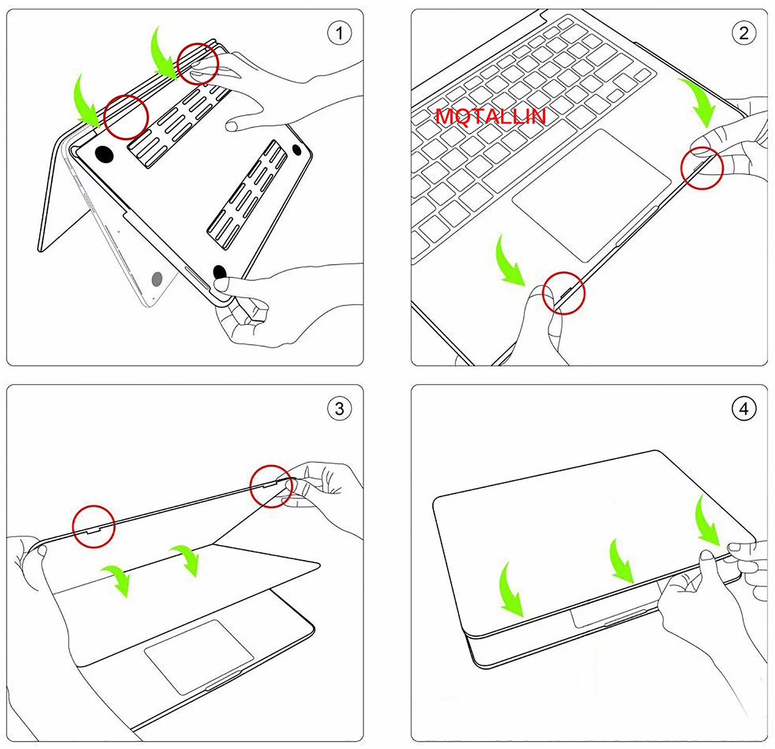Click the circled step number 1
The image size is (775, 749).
(339, 34)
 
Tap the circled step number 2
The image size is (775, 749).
(743, 34)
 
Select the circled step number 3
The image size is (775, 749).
(339, 409)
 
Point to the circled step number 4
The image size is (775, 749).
(743, 409)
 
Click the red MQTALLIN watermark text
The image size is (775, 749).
(490, 117)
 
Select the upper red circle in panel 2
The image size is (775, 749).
(702, 168)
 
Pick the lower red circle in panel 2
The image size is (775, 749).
(564, 293)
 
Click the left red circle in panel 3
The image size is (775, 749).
(94, 526)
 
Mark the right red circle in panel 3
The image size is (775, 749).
(271, 486)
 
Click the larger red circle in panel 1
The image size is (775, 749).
(126, 117)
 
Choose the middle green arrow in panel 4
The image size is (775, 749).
(621, 560)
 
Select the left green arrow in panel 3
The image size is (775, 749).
(118, 579)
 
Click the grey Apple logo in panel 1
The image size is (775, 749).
(157, 279)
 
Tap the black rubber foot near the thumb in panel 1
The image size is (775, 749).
(220, 272)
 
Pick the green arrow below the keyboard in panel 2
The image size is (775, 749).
(509, 261)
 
